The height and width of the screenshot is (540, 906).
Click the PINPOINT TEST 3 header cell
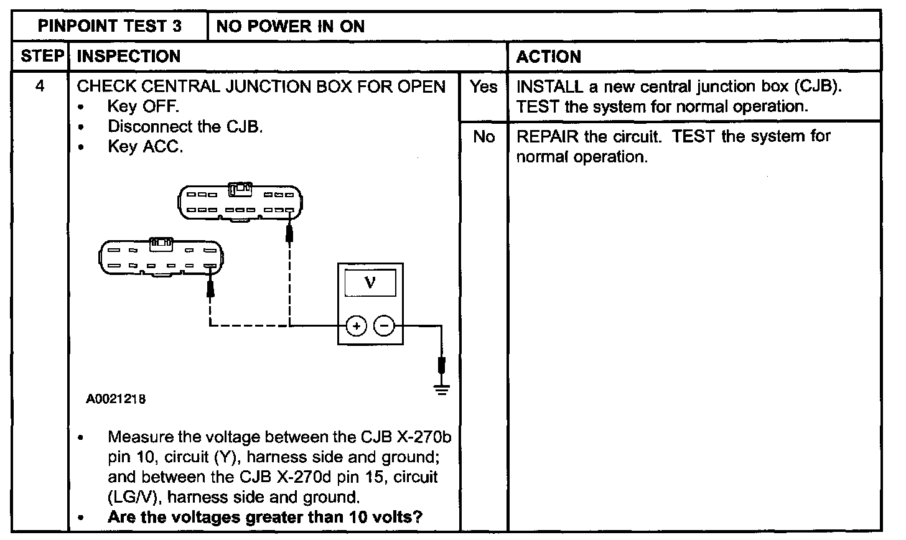pyautogui.click(x=110, y=26)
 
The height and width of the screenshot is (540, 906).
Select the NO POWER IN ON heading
pyautogui.click(x=291, y=26)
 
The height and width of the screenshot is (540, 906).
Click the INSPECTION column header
pyautogui.click(x=129, y=57)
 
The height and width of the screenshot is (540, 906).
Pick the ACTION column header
pyautogui.click(x=549, y=57)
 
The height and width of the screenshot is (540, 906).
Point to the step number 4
pyautogui.click(x=40, y=86)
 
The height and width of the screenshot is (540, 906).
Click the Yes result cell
pyautogui.click(x=483, y=87)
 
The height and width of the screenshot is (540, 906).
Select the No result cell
pyautogui.click(x=483, y=137)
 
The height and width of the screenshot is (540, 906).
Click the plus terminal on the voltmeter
pyautogui.click(x=355, y=325)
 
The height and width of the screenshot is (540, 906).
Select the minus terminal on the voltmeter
pyautogui.click(x=385, y=325)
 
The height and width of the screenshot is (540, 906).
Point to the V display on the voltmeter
pyautogui.click(x=370, y=283)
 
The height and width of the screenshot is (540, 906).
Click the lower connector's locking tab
pyautogui.click(x=161, y=244)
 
